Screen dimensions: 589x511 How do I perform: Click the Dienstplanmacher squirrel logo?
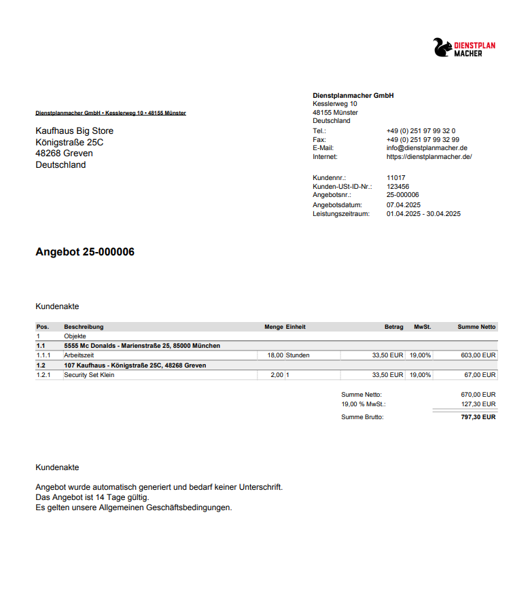[x=442, y=48]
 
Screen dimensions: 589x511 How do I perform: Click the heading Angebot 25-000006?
[x=85, y=252]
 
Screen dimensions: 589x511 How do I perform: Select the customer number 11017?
[x=395, y=178]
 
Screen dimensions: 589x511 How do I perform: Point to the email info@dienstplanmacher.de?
[x=427, y=148]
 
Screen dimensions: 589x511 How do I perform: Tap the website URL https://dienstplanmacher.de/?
[x=429, y=157]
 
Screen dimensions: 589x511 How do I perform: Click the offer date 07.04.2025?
[x=404, y=204]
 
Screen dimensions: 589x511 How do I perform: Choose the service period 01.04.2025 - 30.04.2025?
[x=423, y=213]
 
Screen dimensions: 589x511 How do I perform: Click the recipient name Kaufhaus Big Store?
[x=75, y=131]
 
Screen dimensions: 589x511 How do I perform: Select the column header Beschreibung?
[x=84, y=327]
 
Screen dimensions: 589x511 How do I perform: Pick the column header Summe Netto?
[x=476, y=327]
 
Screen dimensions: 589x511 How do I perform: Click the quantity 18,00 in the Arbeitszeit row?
[x=275, y=355]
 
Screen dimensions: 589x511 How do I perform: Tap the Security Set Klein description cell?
[x=89, y=375]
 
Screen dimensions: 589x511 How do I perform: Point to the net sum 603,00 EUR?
[x=478, y=355]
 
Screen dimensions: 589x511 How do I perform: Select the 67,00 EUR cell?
[x=480, y=375]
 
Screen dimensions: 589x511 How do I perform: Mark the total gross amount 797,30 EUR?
[x=478, y=417]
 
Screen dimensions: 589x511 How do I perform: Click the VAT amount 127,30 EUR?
[x=478, y=404]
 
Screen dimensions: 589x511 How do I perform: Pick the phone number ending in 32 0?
[x=421, y=130]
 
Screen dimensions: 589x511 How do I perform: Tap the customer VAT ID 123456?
[x=398, y=186]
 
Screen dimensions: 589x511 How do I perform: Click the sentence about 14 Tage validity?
[x=92, y=497]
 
